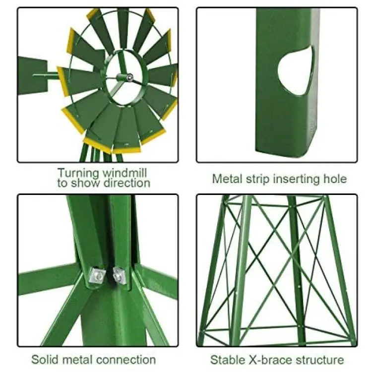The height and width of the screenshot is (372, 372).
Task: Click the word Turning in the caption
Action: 78,173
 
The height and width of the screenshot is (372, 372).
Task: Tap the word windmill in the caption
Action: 125,173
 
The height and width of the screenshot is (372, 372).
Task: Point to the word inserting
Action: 297,179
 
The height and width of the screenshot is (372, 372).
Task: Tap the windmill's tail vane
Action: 33,76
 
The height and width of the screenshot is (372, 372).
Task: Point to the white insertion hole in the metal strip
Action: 296,70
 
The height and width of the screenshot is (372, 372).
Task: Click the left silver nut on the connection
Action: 97,275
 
